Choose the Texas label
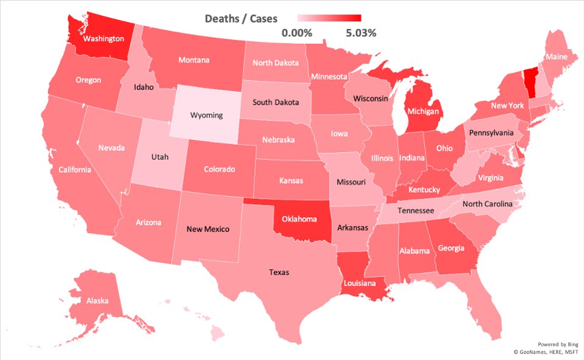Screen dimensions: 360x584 tap(279, 272)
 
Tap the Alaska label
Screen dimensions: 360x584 tap(97, 300)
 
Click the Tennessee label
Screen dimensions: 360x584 tap(415, 210)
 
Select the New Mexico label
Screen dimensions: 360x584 tap(208, 229)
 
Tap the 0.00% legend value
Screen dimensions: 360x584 tap(297, 33)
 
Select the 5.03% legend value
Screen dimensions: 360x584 tap(361, 33)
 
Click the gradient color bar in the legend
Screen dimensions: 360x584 tap(329, 18)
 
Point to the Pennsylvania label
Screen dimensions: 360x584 tap(490, 133)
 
